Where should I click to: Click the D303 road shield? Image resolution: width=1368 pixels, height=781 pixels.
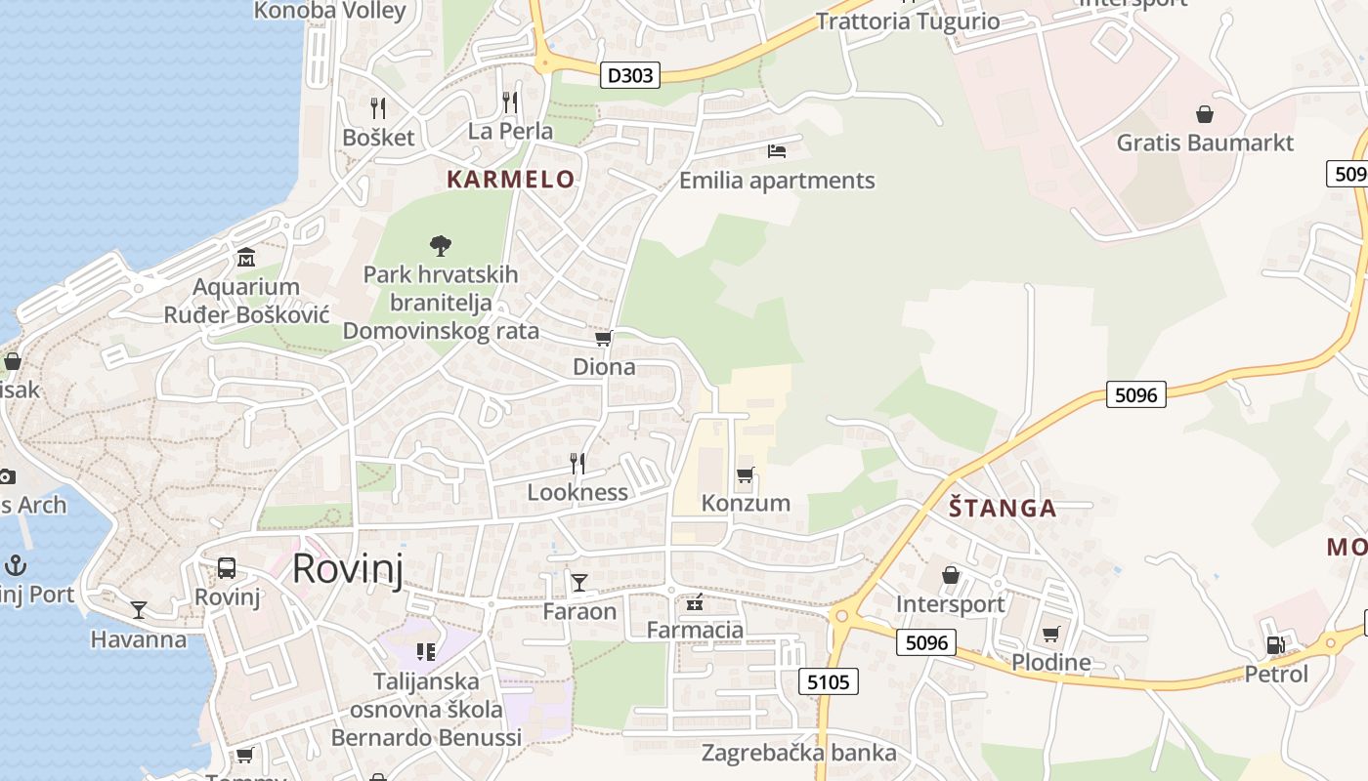630,75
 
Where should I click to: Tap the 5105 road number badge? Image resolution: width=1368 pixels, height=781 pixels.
829,681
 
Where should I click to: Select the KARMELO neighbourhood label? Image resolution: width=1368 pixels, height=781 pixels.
511,180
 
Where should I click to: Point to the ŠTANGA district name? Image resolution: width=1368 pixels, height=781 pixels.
1003,508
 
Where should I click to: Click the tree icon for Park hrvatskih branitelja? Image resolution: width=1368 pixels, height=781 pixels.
441,244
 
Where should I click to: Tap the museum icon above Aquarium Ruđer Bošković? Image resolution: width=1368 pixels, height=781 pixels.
246,258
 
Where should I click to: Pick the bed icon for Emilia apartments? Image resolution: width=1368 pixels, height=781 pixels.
777,150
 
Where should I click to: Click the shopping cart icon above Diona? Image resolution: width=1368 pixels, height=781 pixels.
603,338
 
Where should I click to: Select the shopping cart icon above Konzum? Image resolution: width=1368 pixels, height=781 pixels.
746,474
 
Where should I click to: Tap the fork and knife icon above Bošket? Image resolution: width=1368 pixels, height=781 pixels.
378,107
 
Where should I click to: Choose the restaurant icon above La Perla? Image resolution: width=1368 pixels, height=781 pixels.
510,102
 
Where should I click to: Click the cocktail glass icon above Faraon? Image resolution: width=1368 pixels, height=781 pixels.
579,583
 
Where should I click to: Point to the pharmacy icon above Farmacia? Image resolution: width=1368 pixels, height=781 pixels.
695,602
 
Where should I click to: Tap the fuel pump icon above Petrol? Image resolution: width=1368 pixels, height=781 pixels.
1275,644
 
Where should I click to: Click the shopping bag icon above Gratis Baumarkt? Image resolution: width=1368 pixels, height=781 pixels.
1205,114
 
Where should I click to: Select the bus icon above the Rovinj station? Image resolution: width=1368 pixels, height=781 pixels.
227,567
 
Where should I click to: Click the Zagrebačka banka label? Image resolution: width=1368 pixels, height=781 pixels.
798,753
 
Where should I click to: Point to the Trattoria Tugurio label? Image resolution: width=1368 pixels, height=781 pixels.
908,21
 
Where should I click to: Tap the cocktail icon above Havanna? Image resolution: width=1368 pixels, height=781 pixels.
139,610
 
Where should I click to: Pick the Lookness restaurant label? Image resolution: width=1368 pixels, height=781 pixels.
577,492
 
